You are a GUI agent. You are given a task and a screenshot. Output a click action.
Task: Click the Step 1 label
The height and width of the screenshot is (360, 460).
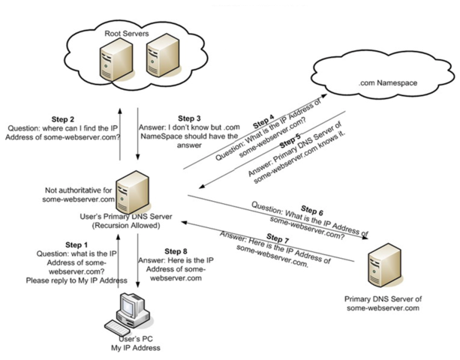(x=75, y=244)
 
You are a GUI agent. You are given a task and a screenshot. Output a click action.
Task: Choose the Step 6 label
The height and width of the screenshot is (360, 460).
(x=316, y=209)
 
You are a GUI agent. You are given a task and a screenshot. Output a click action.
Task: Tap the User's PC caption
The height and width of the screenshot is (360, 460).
(x=136, y=340)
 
